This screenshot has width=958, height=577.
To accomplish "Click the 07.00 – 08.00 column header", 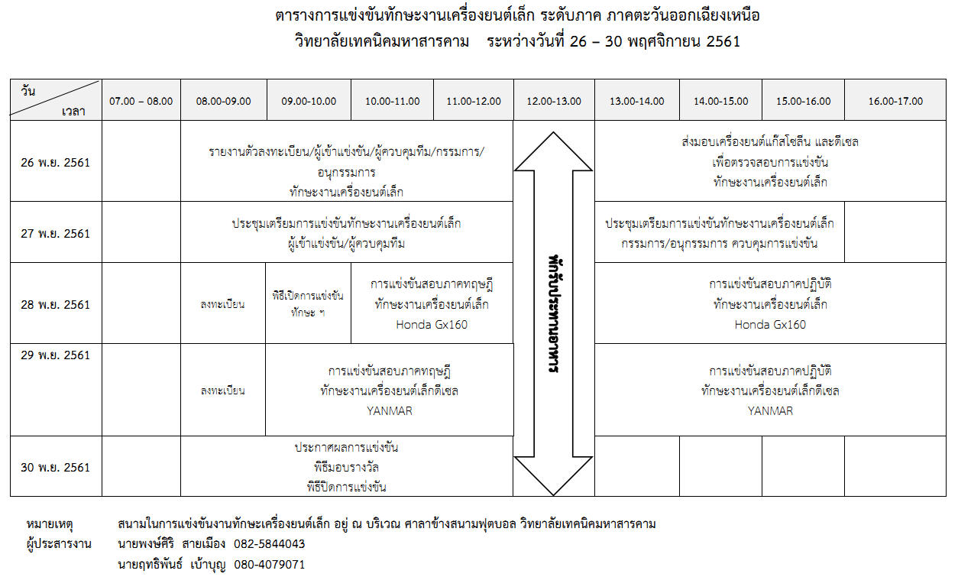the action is point(141,102).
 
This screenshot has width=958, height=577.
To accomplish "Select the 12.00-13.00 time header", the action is point(554,102).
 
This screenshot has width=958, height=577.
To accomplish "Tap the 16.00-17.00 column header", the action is point(895,102).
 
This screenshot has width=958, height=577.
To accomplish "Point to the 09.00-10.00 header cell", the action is point(309,102).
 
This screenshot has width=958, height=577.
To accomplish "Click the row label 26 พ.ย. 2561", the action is point(56,163).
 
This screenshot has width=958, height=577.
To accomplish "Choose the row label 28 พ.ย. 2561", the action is point(56,304).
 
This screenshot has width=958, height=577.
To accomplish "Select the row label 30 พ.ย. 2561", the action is point(56,467).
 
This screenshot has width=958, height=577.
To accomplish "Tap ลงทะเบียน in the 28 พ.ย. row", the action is point(223,304).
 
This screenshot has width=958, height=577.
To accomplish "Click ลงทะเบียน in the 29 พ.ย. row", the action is point(223,391).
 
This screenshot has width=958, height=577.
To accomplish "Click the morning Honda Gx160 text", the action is point(432,325).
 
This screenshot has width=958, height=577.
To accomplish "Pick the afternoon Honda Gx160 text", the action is point(770,325).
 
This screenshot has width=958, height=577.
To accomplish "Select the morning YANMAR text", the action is point(390,411).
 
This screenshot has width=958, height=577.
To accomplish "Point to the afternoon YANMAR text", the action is point(770,411).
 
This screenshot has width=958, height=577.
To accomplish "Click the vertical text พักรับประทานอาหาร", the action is point(555,314).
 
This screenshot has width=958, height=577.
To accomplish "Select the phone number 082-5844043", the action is point(270,544).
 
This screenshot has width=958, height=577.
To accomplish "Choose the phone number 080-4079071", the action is point(270,565).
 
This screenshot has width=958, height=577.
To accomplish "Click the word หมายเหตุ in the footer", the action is point(50,524).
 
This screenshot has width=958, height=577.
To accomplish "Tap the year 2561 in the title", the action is point(723,41).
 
